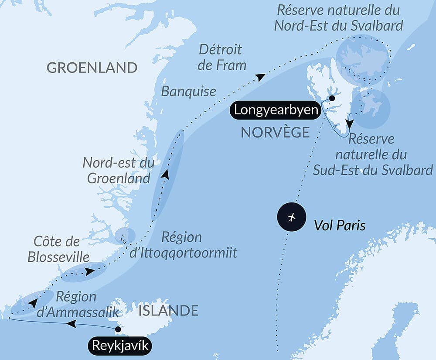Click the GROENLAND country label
pos(92,68)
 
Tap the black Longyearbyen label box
pos(276,110)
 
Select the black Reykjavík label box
pos(121,346)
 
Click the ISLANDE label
pos(168,311)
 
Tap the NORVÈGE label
pos(275,132)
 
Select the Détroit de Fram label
pos(222,57)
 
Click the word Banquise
pos(189,91)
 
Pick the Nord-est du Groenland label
pos(119,171)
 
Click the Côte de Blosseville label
pos(54,249)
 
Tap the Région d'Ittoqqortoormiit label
pos(183,245)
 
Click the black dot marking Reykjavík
pos(117,329)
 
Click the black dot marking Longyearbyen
pos(332,98)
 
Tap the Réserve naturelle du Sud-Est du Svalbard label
pos(373,154)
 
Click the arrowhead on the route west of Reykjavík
pos(71,324)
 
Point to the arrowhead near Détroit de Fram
pos(260,77)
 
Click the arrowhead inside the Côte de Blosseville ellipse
pos(89,271)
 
